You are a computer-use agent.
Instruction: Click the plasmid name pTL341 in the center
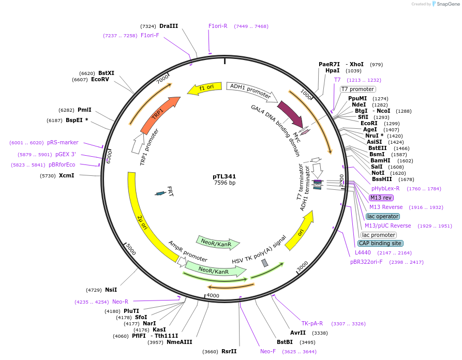pos(225,176)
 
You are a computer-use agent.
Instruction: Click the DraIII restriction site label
pos(169,26)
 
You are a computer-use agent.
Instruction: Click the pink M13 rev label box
pos(381,198)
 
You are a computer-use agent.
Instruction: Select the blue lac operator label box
pos(382,216)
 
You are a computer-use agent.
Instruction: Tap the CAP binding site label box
pos(380,243)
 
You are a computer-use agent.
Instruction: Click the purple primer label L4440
pos(363,252)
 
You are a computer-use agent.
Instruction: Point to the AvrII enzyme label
pos(298,333)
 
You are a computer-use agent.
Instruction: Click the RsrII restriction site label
pos(229,351)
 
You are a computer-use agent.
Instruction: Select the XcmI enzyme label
pos(67,176)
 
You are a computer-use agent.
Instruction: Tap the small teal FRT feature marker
pos(161,193)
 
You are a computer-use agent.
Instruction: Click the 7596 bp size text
pos(225,183)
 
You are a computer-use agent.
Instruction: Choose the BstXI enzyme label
pos(106,73)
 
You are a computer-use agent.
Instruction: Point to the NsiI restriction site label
pos(111,290)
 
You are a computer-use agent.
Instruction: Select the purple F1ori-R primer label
pos(218,26)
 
